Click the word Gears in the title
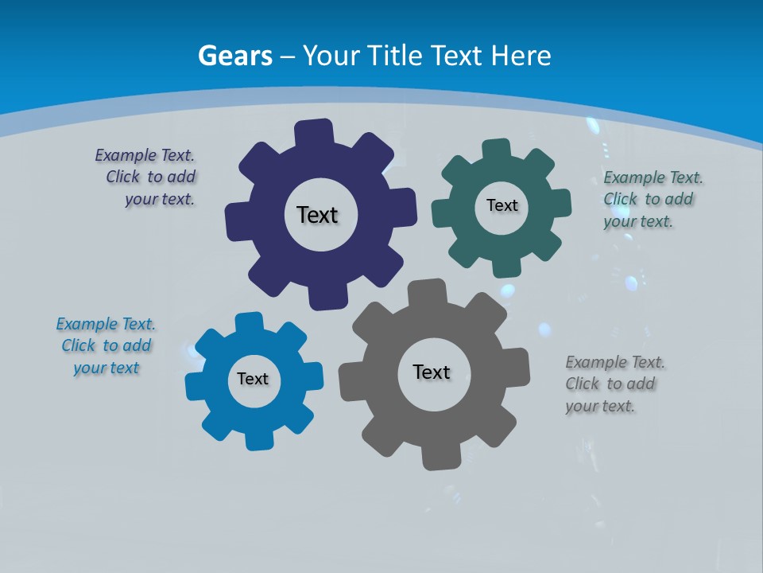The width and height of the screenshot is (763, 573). (234, 56)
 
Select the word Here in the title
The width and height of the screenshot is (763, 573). (521, 56)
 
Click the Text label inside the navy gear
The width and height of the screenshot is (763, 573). (317, 215)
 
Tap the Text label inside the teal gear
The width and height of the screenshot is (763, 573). (502, 205)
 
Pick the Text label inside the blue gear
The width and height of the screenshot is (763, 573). (253, 379)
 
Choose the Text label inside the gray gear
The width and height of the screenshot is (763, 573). (432, 372)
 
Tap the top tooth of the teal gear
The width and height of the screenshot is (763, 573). (497, 150)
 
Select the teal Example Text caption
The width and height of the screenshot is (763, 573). (652, 199)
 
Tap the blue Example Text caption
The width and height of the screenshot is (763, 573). (106, 345)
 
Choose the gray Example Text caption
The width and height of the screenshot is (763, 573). (614, 384)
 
